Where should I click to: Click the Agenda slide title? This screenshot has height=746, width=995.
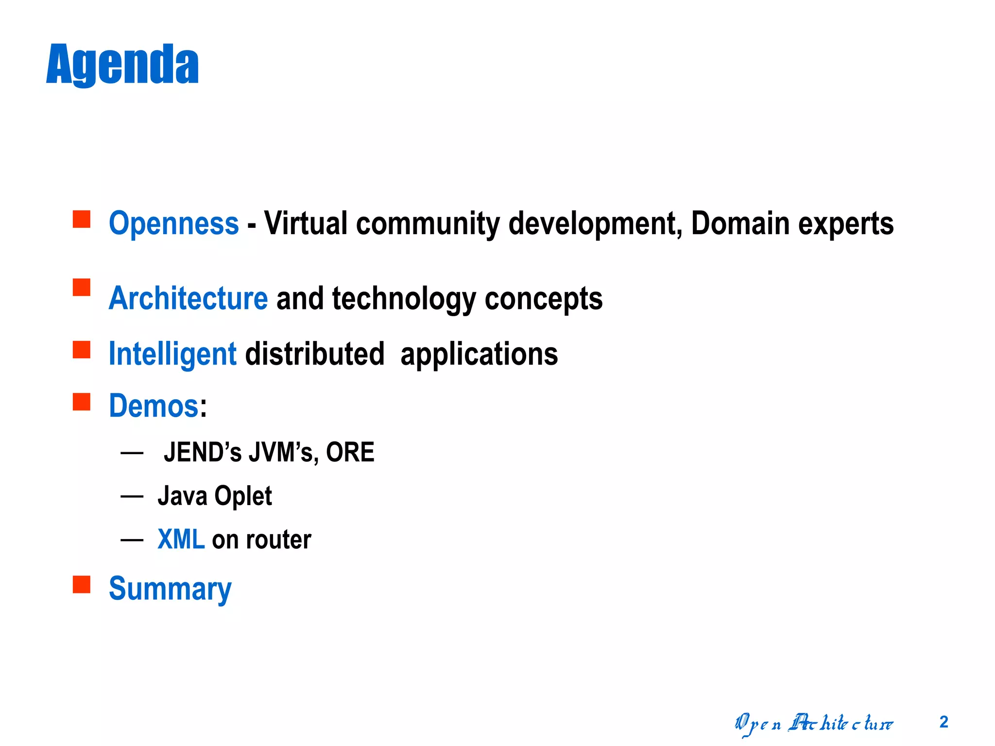click(122, 64)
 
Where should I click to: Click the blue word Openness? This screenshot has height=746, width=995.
click(174, 223)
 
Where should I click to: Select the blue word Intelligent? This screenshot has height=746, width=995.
click(172, 354)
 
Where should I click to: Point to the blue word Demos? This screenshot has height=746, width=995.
click(154, 406)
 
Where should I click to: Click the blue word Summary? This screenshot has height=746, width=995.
click(170, 589)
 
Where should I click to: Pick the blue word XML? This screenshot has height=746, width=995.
click(181, 539)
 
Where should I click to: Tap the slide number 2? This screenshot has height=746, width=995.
click(944, 722)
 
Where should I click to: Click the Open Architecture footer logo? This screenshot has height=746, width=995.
click(813, 724)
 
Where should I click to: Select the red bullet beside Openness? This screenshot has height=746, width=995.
click(82, 219)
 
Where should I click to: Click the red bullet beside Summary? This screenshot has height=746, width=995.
click(82, 584)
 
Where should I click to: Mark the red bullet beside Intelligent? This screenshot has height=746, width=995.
click(82, 350)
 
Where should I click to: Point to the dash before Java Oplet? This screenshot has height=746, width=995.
click(132, 496)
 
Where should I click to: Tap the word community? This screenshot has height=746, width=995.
click(428, 223)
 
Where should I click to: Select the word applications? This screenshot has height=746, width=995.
click(479, 354)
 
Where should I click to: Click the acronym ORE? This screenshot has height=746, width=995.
click(350, 452)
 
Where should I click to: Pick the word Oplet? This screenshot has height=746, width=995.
click(243, 496)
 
